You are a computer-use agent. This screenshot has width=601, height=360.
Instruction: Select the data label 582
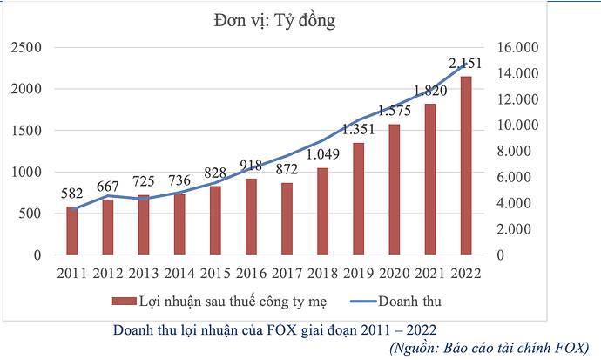coord(72,194)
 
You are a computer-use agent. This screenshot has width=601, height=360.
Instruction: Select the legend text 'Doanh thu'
coord(409,302)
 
